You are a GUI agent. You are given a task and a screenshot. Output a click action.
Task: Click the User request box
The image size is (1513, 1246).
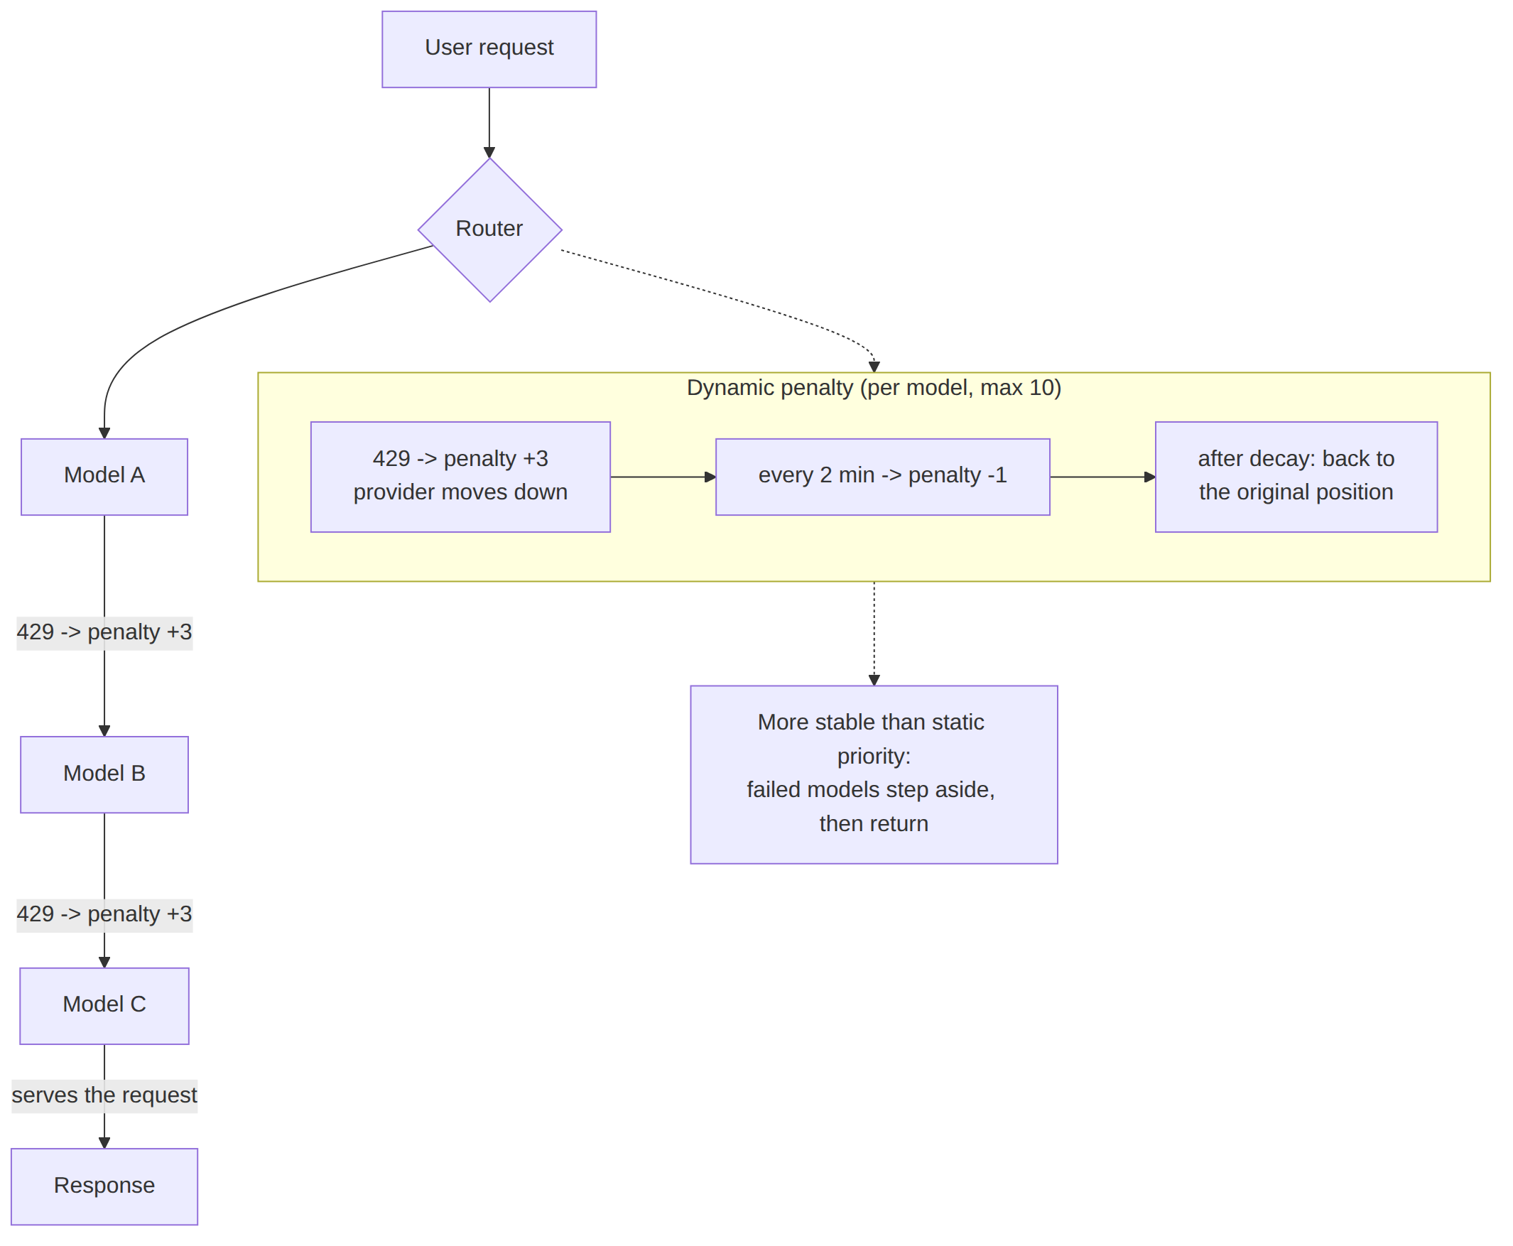coord(489,50)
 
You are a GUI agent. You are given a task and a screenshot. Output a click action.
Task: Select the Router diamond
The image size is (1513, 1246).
coord(489,229)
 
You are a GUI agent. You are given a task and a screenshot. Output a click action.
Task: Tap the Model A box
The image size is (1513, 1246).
coord(104,477)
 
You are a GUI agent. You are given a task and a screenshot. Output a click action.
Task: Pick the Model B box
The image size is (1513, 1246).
coord(104,774)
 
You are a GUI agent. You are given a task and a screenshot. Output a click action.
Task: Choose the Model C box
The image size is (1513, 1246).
coord(104,1006)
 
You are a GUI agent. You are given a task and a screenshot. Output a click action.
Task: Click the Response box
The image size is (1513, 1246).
coord(104,1186)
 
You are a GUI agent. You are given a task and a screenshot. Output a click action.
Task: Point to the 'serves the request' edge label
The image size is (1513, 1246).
coord(104,1095)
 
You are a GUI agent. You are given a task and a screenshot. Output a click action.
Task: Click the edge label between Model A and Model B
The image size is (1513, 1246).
coord(104,632)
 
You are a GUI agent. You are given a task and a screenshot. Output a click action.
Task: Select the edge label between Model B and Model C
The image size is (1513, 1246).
coord(104,914)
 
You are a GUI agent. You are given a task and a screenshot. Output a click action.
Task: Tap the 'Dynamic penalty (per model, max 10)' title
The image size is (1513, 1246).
coord(874,388)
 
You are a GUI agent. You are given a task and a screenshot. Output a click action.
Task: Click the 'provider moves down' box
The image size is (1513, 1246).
coord(460,477)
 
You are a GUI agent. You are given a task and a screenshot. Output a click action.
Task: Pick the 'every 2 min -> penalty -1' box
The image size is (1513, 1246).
coord(882,477)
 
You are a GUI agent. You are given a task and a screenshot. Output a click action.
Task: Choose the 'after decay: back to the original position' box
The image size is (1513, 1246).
coord(1296,477)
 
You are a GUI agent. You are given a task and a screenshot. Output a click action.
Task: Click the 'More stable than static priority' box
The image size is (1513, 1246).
coord(874,774)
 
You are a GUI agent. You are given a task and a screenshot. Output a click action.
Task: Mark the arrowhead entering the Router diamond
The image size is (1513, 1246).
coord(489,153)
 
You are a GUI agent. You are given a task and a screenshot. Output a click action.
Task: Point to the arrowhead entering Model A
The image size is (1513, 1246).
coord(104,433)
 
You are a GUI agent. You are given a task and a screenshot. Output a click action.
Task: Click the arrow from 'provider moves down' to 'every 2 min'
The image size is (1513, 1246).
coord(663,477)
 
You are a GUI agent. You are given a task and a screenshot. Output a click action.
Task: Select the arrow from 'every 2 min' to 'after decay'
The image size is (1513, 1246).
coord(1102,477)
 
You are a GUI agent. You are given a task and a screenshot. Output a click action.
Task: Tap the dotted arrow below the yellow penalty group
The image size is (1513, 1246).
coord(874,633)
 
